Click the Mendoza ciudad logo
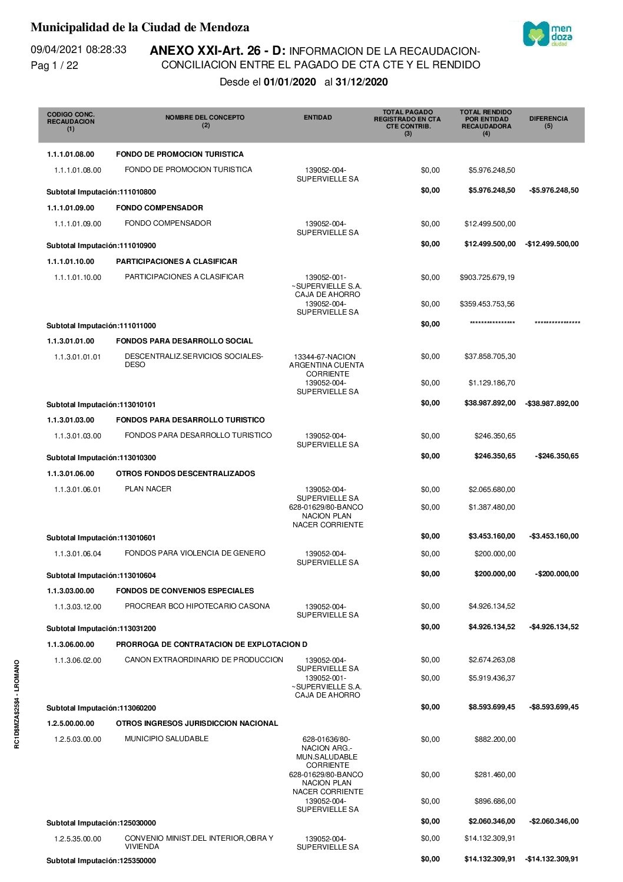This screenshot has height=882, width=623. pos(547,34)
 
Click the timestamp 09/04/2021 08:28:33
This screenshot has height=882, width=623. pos(78,49)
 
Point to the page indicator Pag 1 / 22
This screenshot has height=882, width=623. pos(54,65)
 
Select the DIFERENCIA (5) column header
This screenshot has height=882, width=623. pos(548,122)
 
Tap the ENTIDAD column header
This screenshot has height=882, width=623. pos(317,118)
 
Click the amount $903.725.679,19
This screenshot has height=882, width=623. pos(487,278)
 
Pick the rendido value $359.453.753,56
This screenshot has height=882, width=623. pos(487,304)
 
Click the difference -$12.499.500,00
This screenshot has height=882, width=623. pos(552,244)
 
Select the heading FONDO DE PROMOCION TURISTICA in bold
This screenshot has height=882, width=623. pos(180,154)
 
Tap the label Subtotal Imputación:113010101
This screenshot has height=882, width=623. pos(101,405)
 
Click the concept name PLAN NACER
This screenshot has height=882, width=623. pos(148,489)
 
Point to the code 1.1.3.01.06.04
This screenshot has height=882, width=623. pos(77,554)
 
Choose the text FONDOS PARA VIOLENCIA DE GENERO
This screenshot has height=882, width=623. pos(195,553)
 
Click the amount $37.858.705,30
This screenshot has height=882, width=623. pos(489,356)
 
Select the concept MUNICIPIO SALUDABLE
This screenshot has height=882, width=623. pos(167,739)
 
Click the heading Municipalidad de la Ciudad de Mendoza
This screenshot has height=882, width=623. pos(140,27)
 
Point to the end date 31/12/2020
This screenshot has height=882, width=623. pos(362,82)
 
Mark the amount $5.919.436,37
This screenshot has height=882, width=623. pos(492,678)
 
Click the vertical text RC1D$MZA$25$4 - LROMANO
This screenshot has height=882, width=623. pos(17,704)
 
